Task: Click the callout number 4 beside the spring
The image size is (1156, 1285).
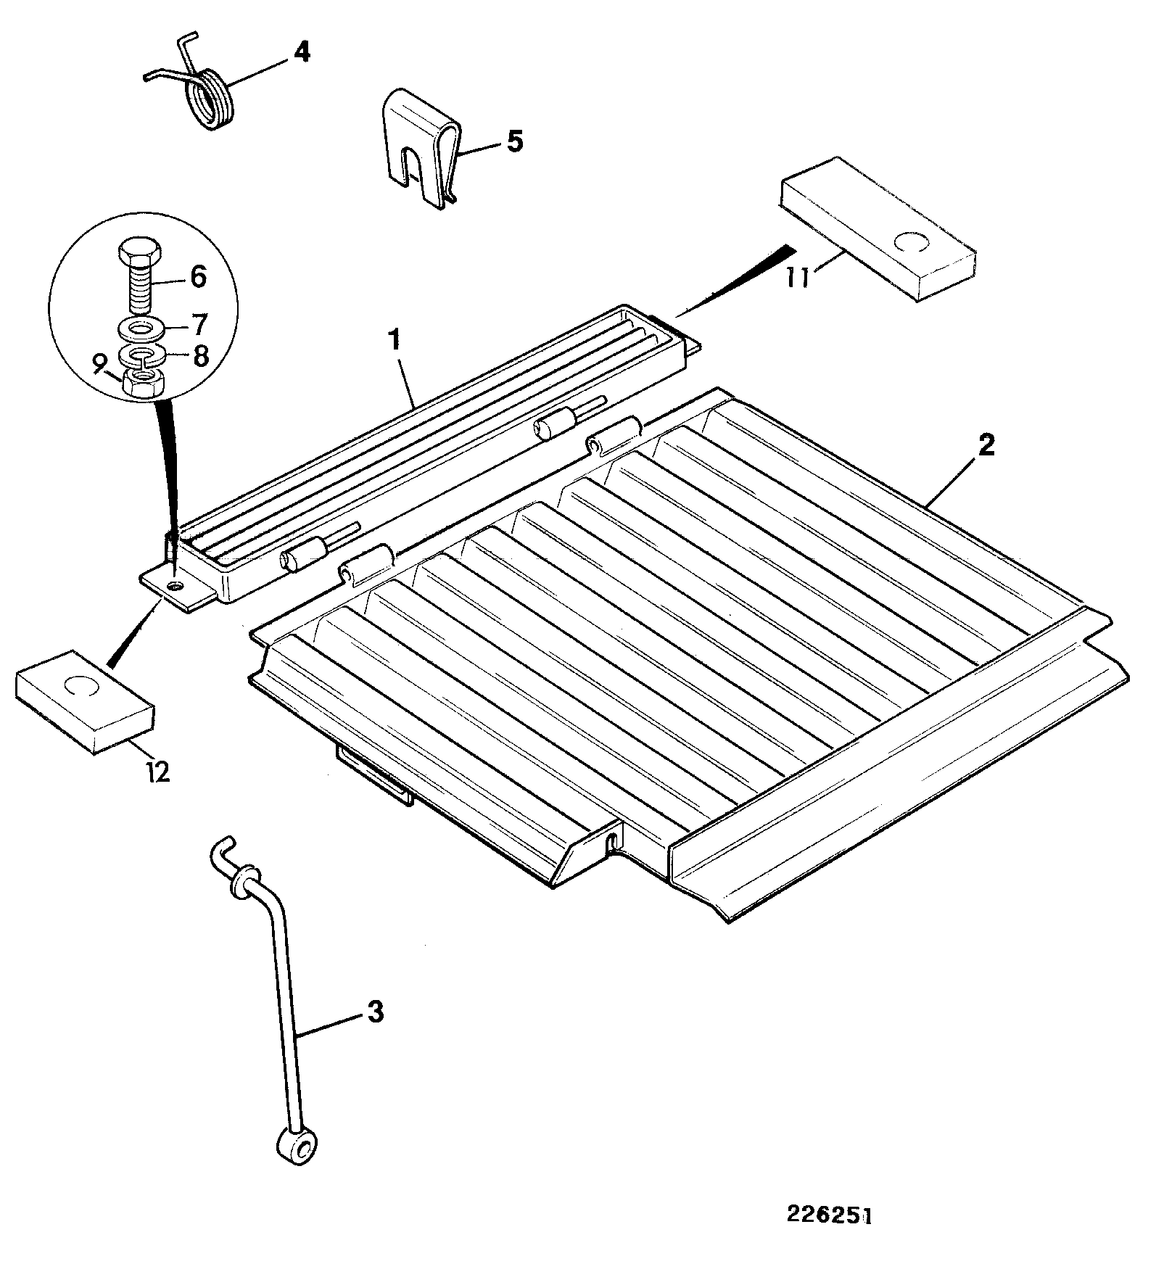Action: point(301,51)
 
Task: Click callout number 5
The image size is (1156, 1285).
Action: point(514,141)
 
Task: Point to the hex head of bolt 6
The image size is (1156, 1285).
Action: point(137,256)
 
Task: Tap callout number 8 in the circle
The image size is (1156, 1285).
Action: point(201,356)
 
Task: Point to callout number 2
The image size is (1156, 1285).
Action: point(986,445)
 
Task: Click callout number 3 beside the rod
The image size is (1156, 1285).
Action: point(374,1011)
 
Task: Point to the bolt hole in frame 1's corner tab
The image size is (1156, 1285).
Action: point(174,584)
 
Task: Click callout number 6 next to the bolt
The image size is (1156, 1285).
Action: point(197,277)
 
